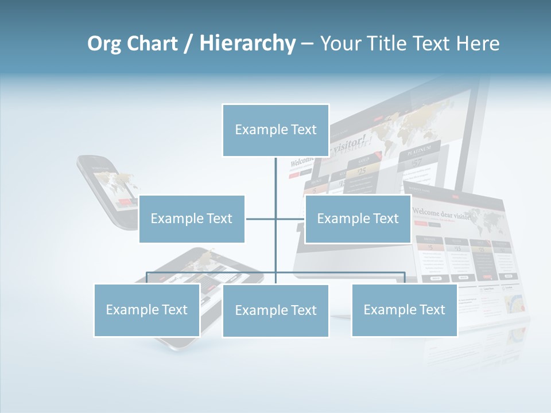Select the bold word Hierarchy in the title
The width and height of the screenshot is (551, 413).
pyautogui.click(x=247, y=44)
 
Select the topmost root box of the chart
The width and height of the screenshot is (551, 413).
pyautogui.click(x=275, y=130)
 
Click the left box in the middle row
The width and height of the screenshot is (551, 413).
pyautogui.click(x=192, y=219)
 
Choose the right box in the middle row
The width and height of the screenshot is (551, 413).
pyautogui.click(x=358, y=219)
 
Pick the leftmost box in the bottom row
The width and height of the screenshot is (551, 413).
pyautogui.click(x=146, y=310)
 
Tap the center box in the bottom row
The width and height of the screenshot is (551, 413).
pyautogui.click(x=275, y=310)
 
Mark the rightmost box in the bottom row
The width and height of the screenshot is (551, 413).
pyautogui.click(x=404, y=310)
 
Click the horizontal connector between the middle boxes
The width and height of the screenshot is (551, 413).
pyautogui.click(x=275, y=219)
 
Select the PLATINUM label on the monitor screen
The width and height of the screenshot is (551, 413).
pyautogui.click(x=419, y=153)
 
